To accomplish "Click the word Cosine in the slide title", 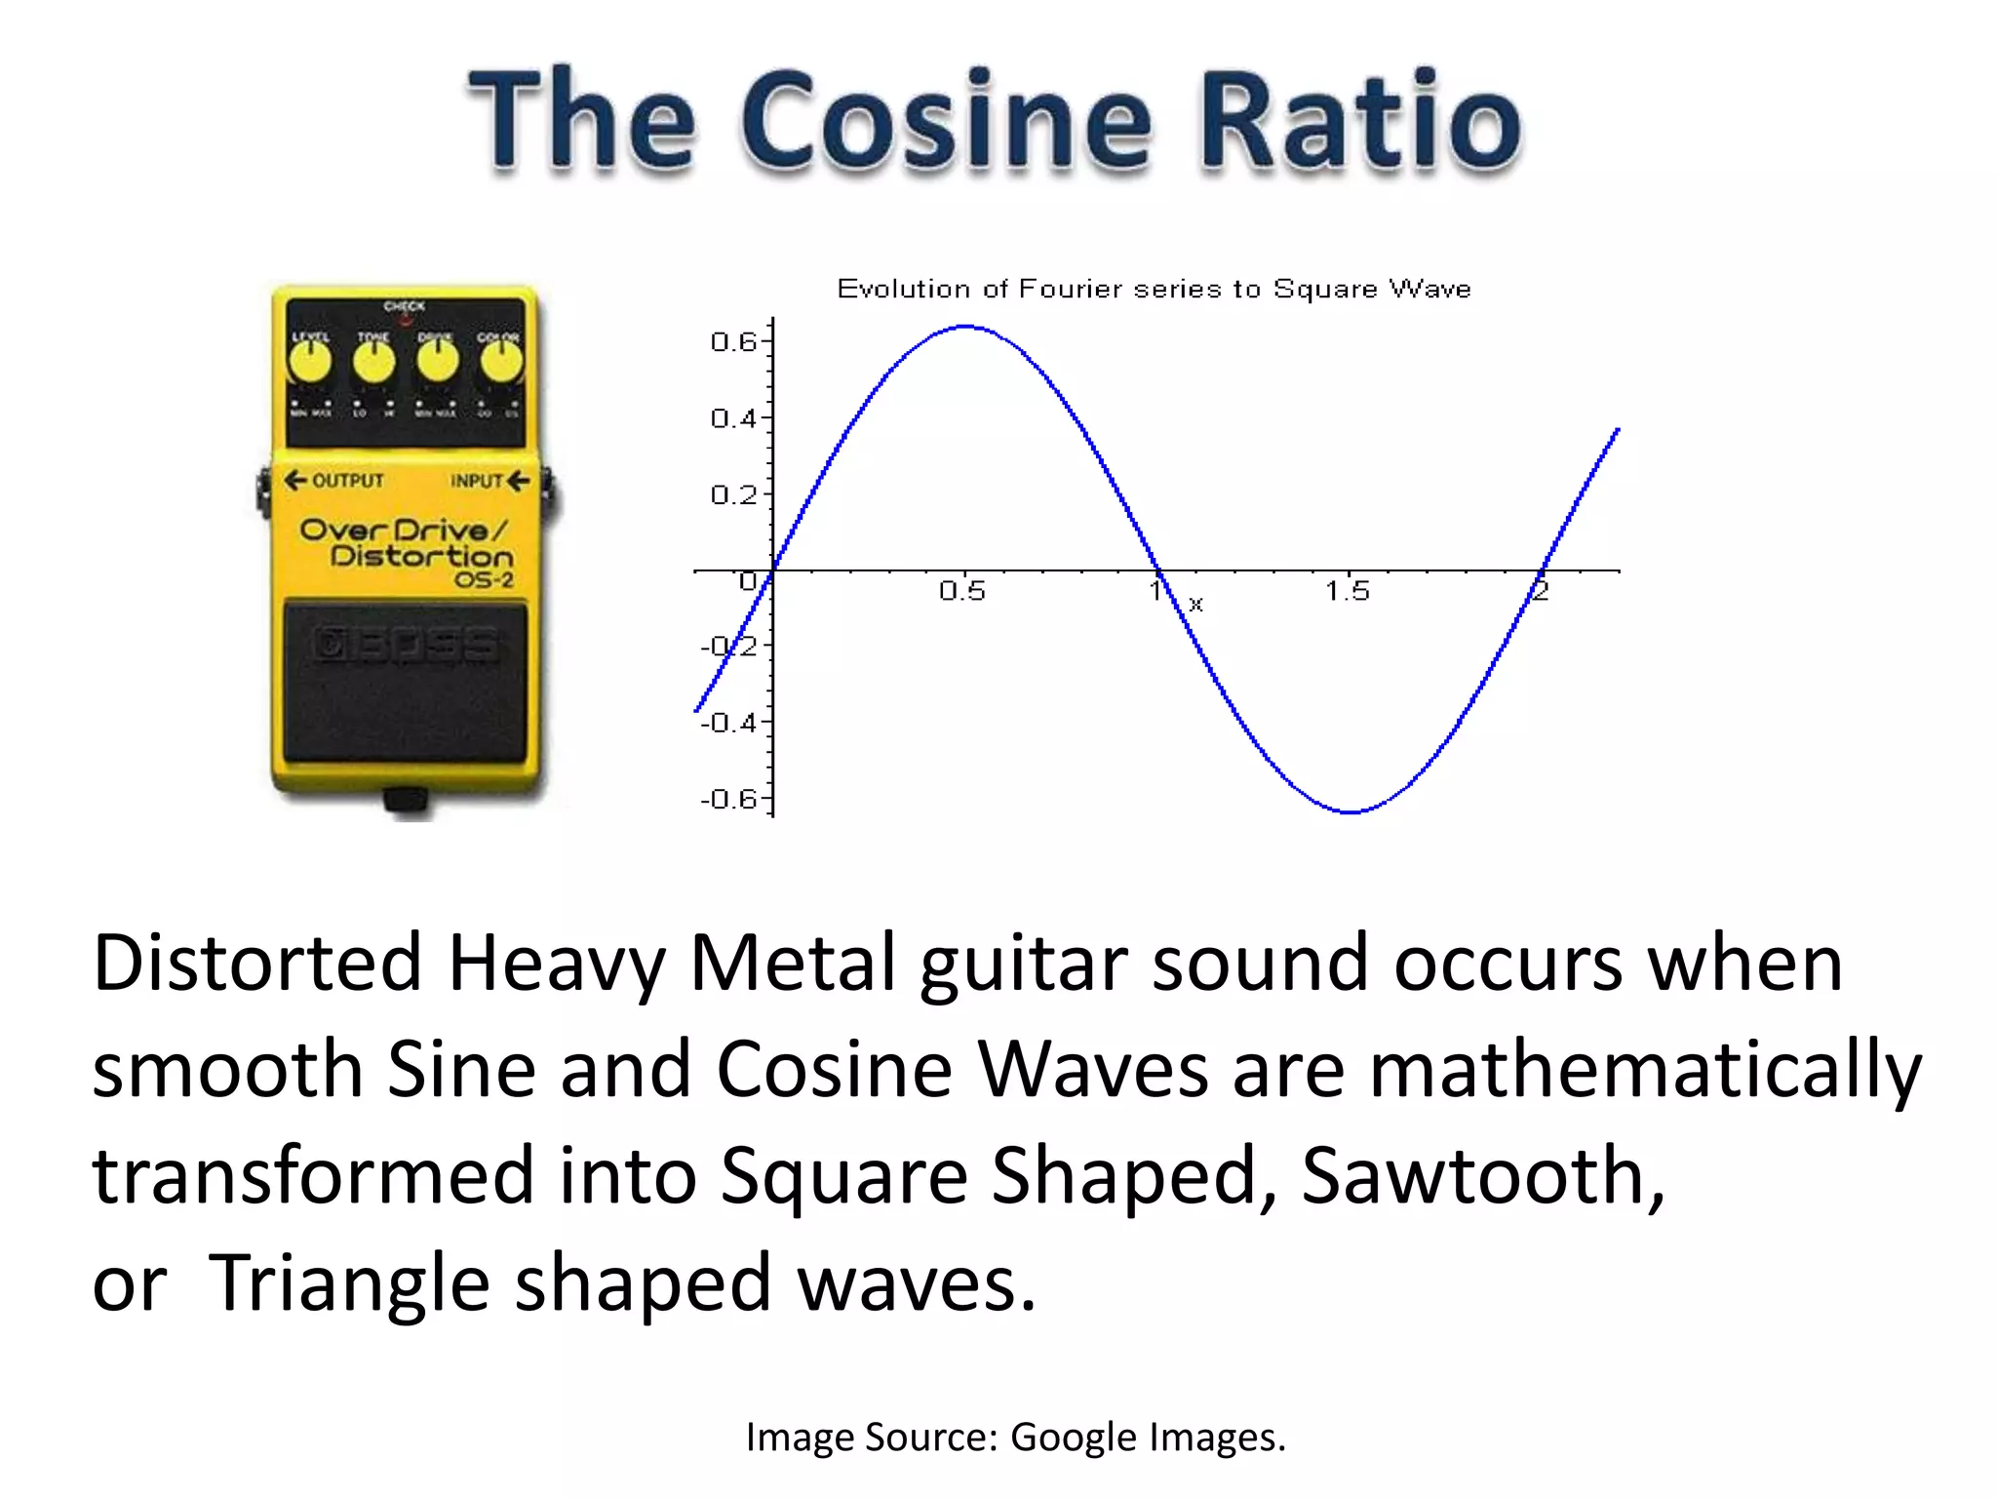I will pos(946,122).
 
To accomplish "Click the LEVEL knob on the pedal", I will pos(310,362).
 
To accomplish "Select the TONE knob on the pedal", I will pos(373,362).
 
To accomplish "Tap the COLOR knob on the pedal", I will pos(500,362).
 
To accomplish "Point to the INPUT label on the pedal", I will pos(476,481).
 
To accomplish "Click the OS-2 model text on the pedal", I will pos(484,580).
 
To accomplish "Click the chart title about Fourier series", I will pos(1154,289).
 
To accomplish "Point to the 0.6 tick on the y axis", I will pos(733,341).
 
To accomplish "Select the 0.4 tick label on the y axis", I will pos(733,418).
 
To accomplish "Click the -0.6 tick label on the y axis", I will pos(729,800).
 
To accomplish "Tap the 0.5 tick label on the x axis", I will pos(962,591).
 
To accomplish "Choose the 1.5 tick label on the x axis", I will pos(1347,591).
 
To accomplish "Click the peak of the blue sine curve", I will pos(965,327).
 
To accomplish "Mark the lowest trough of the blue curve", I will pos(1351,811).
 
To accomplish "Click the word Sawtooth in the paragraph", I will pos(1482,1175).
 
